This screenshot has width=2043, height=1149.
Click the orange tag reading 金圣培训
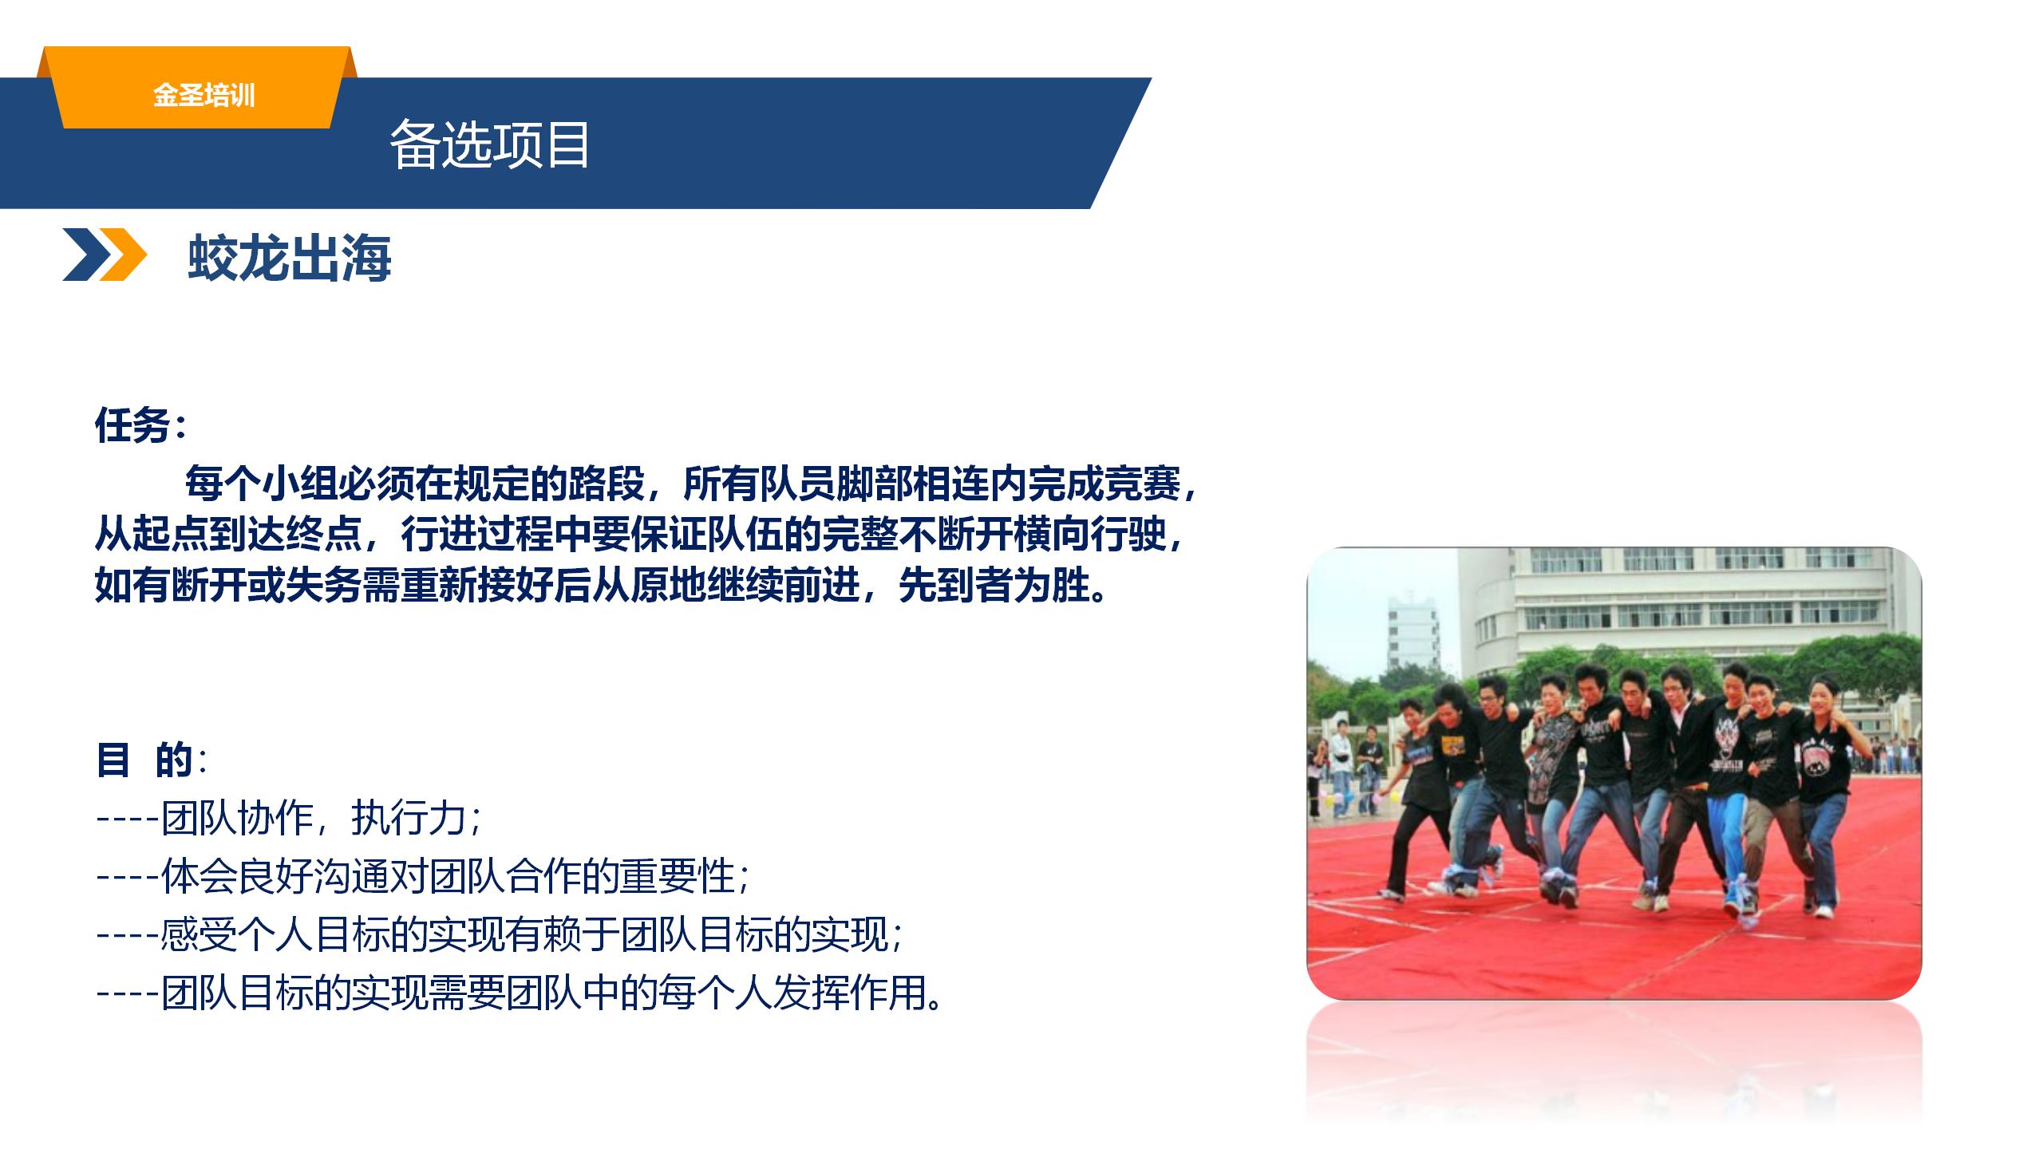tap(204, 96)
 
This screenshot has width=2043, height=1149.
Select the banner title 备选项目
tap(489, 144)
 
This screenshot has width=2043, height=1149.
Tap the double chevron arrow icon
tap(105, 255)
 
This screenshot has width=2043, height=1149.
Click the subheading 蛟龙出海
tap(290, 258)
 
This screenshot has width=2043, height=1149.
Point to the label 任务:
tap(140, 424)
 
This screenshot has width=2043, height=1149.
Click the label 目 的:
tap(151, 759)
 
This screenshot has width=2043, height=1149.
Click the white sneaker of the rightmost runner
tap(1824, 911)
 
